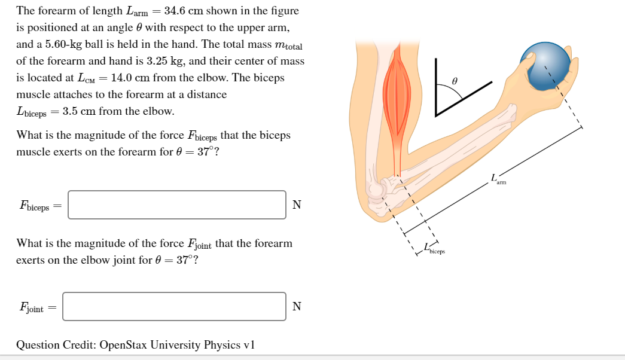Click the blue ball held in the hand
point(545,66)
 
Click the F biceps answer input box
point(177,205)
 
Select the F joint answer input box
point(175,306)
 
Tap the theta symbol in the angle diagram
point(455,79)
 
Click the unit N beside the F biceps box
point(297,205)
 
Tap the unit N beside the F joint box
point(297,307)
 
